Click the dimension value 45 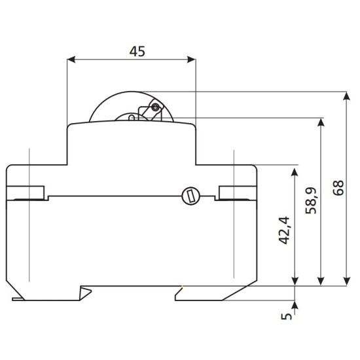pyautogui.click(x=137, y=52)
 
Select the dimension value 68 pyautogui.click(x=338, y=188)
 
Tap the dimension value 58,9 pyautogui.click(x=311, y=201)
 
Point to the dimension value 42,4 pyautogui.click(x=284, y=230)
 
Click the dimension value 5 pyautogui.click(x=287, y=316)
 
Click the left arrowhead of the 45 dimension pyautogui.click(x=71, y=60)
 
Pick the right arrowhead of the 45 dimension pyautogui.click(x=192, y=60)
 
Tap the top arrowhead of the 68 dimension pyautogui.click(x=347, y=96)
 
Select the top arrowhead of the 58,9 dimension pyautogui.click(x=321, y=122)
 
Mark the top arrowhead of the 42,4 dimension pyautogui.click(x=295, y=172)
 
